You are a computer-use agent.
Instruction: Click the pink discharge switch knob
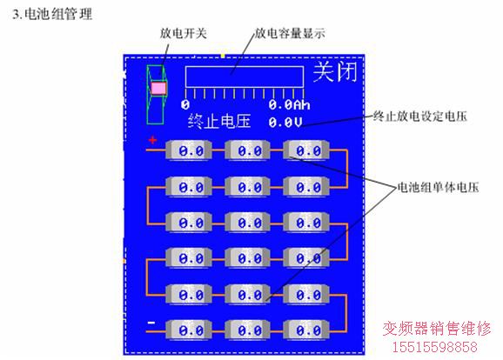click(x=158, y=88)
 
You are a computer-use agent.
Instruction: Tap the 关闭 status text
click(x=335, y=72)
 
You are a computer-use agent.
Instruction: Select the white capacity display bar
click(x=245, y=77)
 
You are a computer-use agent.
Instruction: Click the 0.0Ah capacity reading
click(x=289, y=105)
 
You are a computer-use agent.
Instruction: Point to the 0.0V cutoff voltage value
click(x=285, y=122)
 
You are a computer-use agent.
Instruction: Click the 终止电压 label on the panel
click(x=219, y=122)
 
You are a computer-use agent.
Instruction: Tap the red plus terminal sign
click(x=152, y=140)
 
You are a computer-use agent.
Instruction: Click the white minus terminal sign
click(x=151, y=323)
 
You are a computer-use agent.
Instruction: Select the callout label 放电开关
click(x=183, y=33)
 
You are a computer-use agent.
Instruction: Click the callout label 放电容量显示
click(x=290, y=33)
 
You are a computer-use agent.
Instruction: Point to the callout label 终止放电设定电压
click(x=420, y=116)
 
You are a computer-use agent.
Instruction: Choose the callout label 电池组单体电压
click(x=438, y=187)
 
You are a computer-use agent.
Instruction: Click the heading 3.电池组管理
click(x=52, y=15)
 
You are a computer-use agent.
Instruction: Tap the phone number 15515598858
click(x=435, y=347)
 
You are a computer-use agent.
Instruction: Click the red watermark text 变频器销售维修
click(x=437, y=329)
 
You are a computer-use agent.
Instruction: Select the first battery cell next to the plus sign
click(x=189, y=150)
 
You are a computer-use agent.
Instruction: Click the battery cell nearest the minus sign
click(x=189, y=330)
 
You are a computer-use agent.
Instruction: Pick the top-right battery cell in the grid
click(x=306, y=150)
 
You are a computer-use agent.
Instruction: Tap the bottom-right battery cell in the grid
click(x=306, y=330)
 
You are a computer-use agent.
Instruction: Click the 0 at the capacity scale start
click(x=185, y=104)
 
